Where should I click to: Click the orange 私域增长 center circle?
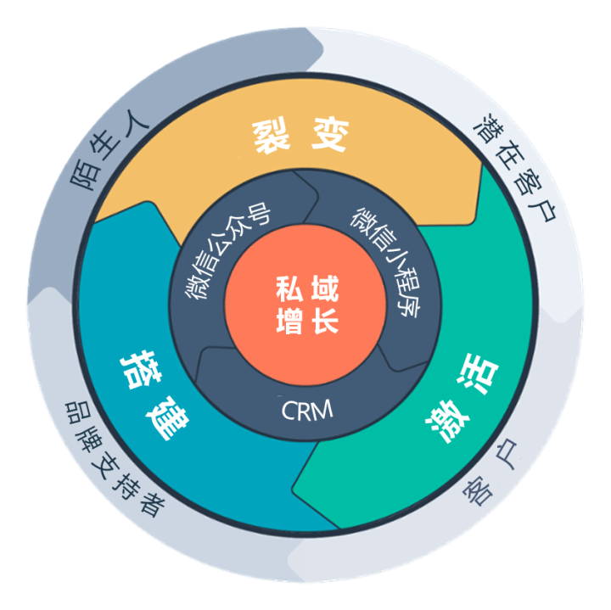[305, 305]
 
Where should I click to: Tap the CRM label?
[307, 410]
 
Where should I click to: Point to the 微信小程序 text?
[386, 262]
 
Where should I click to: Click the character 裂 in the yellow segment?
[272, 137]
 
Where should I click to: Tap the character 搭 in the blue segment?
[141, 369]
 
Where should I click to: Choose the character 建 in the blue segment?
[168, 418]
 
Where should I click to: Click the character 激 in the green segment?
[448, 423]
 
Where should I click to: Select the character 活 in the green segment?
[478, 375]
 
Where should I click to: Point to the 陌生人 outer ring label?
[109, 149]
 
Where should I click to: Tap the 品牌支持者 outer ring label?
[114, 460]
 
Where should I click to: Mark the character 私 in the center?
[289, 288]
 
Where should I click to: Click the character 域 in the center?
[325, 288]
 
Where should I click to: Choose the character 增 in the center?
[289, 321]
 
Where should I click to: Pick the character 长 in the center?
[325, 321]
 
